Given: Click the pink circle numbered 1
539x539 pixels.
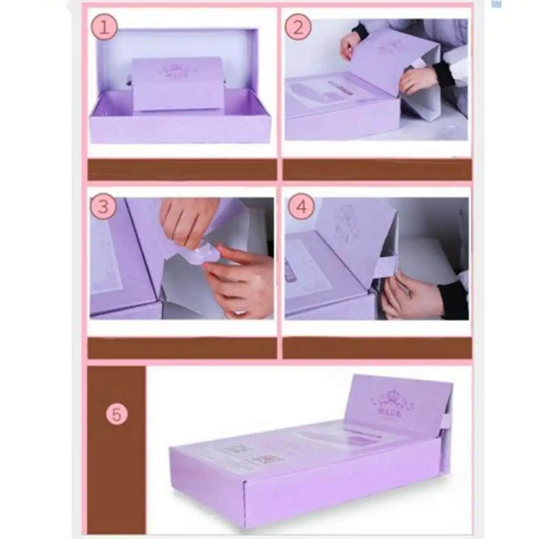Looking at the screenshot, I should [x=104, y=27].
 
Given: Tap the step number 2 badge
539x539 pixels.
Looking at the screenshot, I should [x=298, y=27].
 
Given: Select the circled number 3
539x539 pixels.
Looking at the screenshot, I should [x=103, y=207].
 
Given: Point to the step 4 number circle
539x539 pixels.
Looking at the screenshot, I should [x=301, y=207].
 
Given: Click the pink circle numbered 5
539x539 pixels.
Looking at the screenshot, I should [x=116, y=414].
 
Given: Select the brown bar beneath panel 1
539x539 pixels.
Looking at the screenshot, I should [x=182, y=169].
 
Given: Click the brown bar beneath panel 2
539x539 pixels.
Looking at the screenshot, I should [x=377, y=169].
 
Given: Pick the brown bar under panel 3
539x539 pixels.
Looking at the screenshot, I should [x=182, y=348].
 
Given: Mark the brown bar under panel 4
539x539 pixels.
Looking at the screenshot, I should [x=377, y=348].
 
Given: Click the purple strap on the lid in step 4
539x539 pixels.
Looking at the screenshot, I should [x=385, y=266].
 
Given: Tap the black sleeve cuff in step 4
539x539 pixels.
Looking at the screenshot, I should [x=454, y=300].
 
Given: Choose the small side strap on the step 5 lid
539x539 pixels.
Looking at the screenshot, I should [x=446, y=421].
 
